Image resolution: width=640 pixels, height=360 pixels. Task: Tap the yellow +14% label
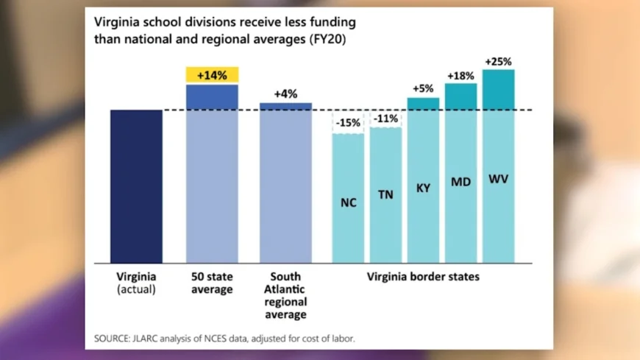tap(212, 75)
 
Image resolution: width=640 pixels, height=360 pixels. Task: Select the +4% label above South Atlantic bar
tap(285, 94)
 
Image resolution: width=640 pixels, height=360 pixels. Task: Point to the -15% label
tap(348, 123)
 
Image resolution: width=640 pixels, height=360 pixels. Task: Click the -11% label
tap(385, 119)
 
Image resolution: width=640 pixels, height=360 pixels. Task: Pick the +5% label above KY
tap(423, 89)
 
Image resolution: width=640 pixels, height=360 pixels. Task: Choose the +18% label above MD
tap(461, 75)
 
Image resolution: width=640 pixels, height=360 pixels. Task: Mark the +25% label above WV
tap(498, 60)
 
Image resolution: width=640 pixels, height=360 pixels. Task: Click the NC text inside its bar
tap(348, 202)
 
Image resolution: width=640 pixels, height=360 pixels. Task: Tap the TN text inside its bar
tap(385, 195)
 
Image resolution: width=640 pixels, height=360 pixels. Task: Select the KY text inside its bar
tap(423, 188)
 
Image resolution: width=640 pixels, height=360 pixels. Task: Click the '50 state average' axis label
tap(212, 283)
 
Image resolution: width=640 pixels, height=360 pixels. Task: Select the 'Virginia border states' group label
tap(423, 278)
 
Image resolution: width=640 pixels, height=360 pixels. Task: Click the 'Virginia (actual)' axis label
tap(136, 283)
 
